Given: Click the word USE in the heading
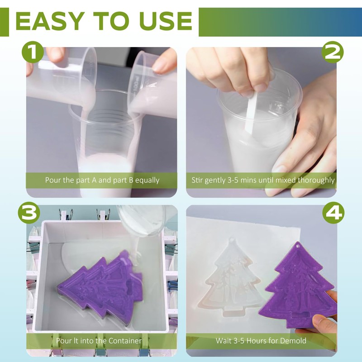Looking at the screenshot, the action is pos(166,21).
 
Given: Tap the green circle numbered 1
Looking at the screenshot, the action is pos(33,52).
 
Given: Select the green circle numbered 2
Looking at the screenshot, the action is pos(333,52).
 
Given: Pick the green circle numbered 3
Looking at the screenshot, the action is pos(29,213).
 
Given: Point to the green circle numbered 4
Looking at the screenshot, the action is pos(333,213).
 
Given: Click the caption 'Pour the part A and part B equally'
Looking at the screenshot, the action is pos(102,180).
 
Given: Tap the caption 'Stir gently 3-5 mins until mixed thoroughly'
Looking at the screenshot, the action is pos(263,180).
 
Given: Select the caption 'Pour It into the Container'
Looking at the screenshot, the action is pos(99,341).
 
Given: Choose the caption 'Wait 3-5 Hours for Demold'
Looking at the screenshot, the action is pos(261,341).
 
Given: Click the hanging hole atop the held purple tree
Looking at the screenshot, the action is pos(300,246).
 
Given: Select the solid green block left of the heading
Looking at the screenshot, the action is pos(5,22).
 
